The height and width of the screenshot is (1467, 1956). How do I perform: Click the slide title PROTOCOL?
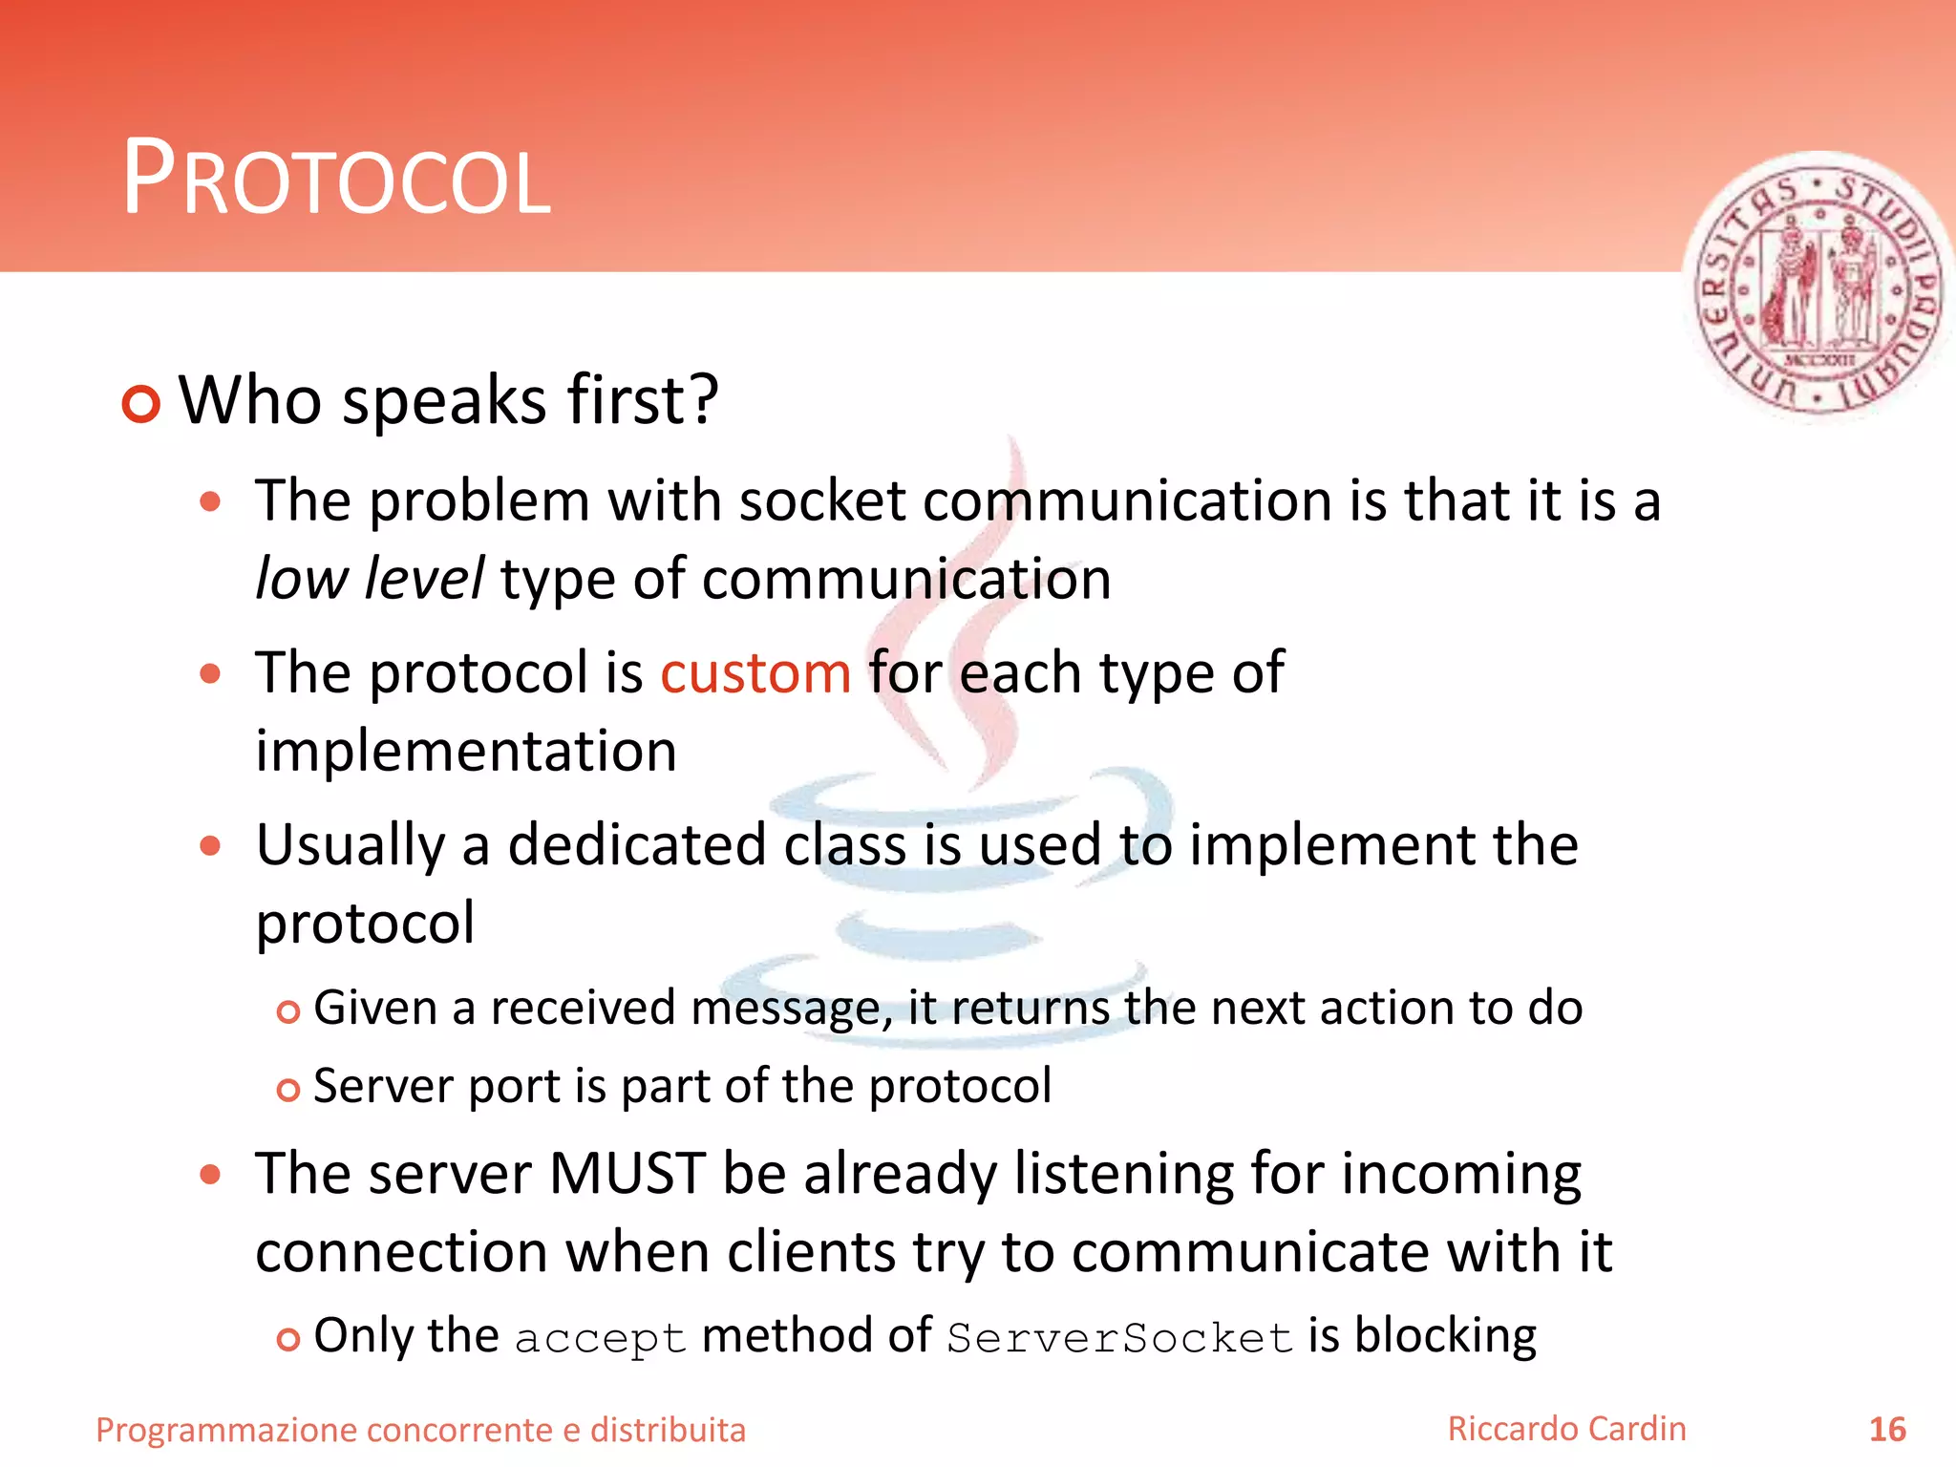pos(336,180)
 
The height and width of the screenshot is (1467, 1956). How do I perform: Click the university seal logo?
pos(1817,287)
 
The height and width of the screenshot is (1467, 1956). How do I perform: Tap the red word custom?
pos(755,672)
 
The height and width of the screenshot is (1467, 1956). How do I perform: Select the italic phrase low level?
pos(370,579)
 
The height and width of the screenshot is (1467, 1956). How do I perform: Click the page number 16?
pos(1886,1430)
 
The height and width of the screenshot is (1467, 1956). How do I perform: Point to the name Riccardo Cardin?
pos(1566,1429)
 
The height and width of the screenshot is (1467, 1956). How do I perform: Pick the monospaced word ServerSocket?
pos(1119,1338)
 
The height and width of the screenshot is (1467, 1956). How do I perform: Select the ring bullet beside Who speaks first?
pos(141,404)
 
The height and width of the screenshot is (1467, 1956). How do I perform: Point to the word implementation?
pos(466,751)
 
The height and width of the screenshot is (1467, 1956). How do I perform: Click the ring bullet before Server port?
pos(287,1090)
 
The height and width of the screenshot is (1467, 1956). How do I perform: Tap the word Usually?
pos(351,845)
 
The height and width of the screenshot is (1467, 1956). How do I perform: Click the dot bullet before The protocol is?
pos(210,674)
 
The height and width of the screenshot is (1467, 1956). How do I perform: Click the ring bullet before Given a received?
pos(287,1011)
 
